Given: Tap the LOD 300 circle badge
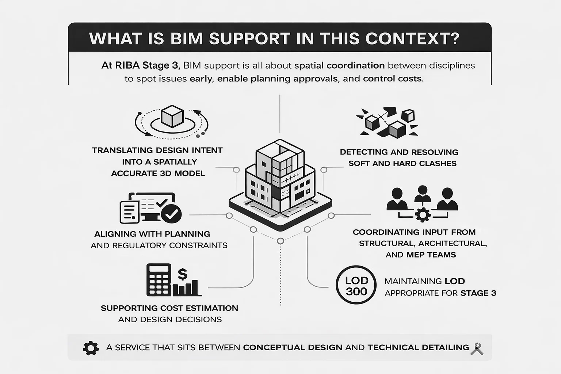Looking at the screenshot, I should click(x=356, y=285).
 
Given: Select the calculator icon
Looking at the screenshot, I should click(x=159, y=279).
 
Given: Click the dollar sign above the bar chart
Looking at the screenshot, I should click(x=182, y=274).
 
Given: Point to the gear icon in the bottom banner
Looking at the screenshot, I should click(x=91, y=348).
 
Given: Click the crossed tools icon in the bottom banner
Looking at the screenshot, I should click(x=477, y=348).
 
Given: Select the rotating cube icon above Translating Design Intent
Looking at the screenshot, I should click(x=172, y=117).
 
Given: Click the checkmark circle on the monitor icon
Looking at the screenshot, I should click(x=171, y=214).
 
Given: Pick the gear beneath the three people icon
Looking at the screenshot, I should click(x=423, y=214).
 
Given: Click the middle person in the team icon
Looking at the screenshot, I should click(x=423, y=194).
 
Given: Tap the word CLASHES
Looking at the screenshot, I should click(x=438, y=163).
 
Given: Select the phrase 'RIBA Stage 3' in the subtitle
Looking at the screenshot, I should click(x=140, y=65).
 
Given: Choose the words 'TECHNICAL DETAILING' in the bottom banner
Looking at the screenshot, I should click(x=418, y=347).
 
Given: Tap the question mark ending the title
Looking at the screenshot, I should click(x=455, y=39).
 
